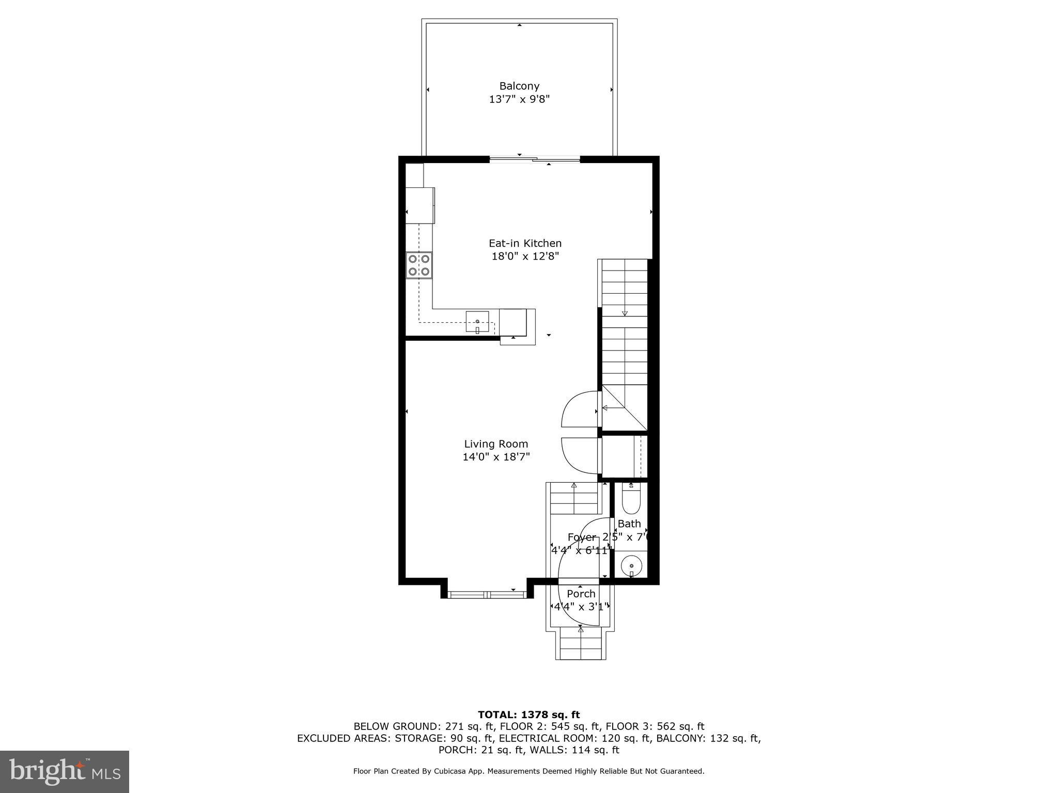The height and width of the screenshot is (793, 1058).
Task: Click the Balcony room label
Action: (519, 86)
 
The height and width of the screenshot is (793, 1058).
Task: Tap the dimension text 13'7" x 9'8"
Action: (519, 99)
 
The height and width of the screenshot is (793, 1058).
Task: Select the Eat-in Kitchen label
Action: (525, 243)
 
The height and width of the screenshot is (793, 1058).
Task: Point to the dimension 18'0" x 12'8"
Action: (525, 256)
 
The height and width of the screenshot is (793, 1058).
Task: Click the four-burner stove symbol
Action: (419, 265)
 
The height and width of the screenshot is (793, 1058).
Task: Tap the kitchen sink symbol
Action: (477, 322)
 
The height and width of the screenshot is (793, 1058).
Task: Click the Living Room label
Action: (496, 444)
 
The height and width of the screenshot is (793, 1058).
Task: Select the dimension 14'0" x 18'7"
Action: (496, 457)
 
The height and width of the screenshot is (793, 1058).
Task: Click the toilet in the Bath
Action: (631, 499)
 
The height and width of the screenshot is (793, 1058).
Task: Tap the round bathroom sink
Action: (631, 566)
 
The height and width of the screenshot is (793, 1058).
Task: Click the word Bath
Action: (629, 524)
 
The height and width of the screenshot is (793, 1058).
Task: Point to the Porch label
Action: (581, 594)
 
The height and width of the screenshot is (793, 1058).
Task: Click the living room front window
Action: (488, 595)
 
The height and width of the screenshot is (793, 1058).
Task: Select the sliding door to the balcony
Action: (535, 160)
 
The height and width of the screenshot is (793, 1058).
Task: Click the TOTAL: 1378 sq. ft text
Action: (528, 715)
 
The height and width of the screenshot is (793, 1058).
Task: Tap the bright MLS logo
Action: (65, 771)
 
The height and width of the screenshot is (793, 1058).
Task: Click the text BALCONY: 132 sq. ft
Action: (708, 738)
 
